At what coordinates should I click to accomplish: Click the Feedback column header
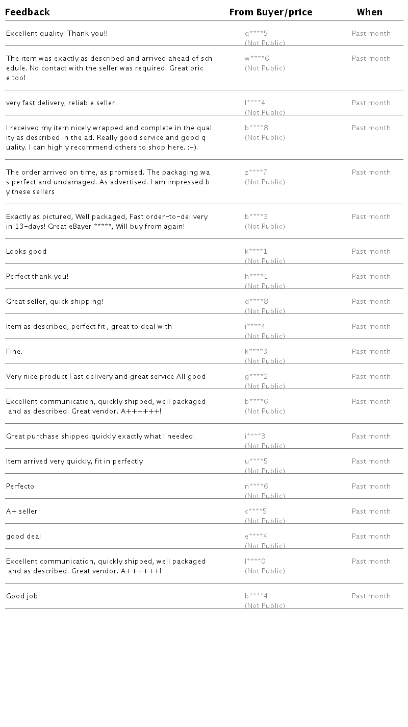click(x=28, y=12)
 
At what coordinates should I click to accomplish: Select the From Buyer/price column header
click(x=271, y=12)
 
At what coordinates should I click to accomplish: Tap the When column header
click(x=370, y=12)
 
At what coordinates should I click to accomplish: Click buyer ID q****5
click(x=256, y=34)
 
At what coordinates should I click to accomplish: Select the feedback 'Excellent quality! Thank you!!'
click(x=57, y=34)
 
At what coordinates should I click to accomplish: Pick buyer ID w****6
click(x=257, y=59)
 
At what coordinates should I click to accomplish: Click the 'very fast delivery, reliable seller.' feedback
click(x=61, y=103)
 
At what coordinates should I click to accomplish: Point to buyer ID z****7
click(x=256, y=173)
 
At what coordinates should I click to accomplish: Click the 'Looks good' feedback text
click(x=26, y=252)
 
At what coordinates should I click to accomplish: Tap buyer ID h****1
click(x=256, y=277)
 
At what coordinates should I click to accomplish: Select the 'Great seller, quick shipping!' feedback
click(x=55, y=302)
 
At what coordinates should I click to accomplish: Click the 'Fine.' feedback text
click(x=14, y=352)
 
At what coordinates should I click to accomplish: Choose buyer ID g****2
click(x=256, y=377)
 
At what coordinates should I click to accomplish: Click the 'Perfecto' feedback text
click(x=20, y=487)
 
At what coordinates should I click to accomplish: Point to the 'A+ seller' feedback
click(x=22, y=512)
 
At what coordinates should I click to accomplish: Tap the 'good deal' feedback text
click(x=23, y=537)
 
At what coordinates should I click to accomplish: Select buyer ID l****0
click(x=255, y=562)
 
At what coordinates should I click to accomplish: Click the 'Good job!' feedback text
click(x=23, y=596)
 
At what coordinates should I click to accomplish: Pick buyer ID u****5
click(x=256, y=462)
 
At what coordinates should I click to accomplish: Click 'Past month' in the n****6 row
click(x=371, y=487)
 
